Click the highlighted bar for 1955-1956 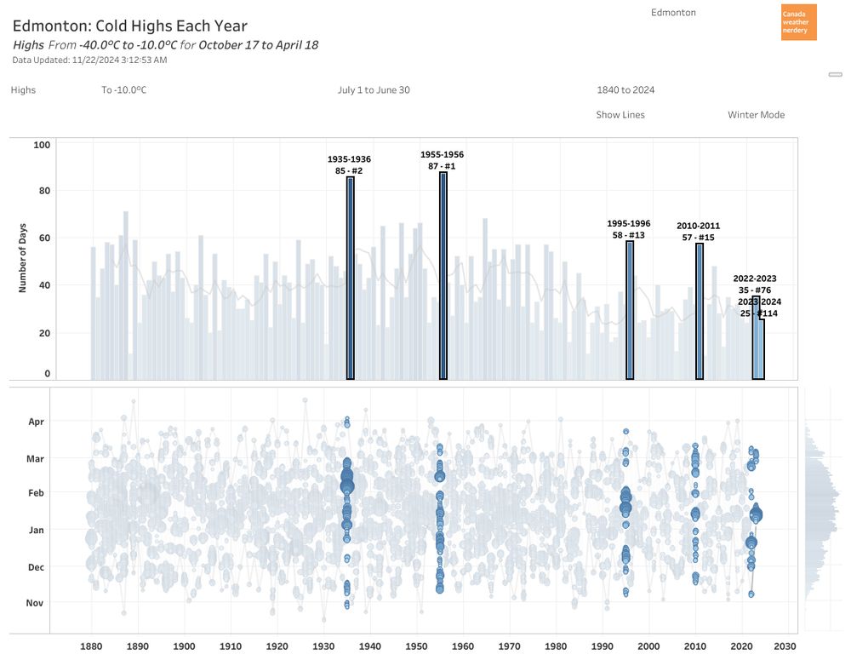coord(443,276)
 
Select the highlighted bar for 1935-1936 coord(350,278)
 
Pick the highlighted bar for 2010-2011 coord(700,311)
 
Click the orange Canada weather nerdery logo coord(798,22)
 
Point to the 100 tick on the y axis coord(42,146)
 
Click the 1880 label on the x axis coord(91,646)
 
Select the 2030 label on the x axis coord(785,646)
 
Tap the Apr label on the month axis coord(36,422)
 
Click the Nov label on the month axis coord(36,603)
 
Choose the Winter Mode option coord(756,115)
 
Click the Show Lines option coord(620,115)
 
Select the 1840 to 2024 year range coord(625,90)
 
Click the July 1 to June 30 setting coord(374,90)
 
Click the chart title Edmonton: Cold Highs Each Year coord(130,26)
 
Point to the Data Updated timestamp coord(89,60)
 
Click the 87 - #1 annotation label coord(442,166)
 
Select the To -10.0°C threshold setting coord(124,90)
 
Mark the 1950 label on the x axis coord(416,646)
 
